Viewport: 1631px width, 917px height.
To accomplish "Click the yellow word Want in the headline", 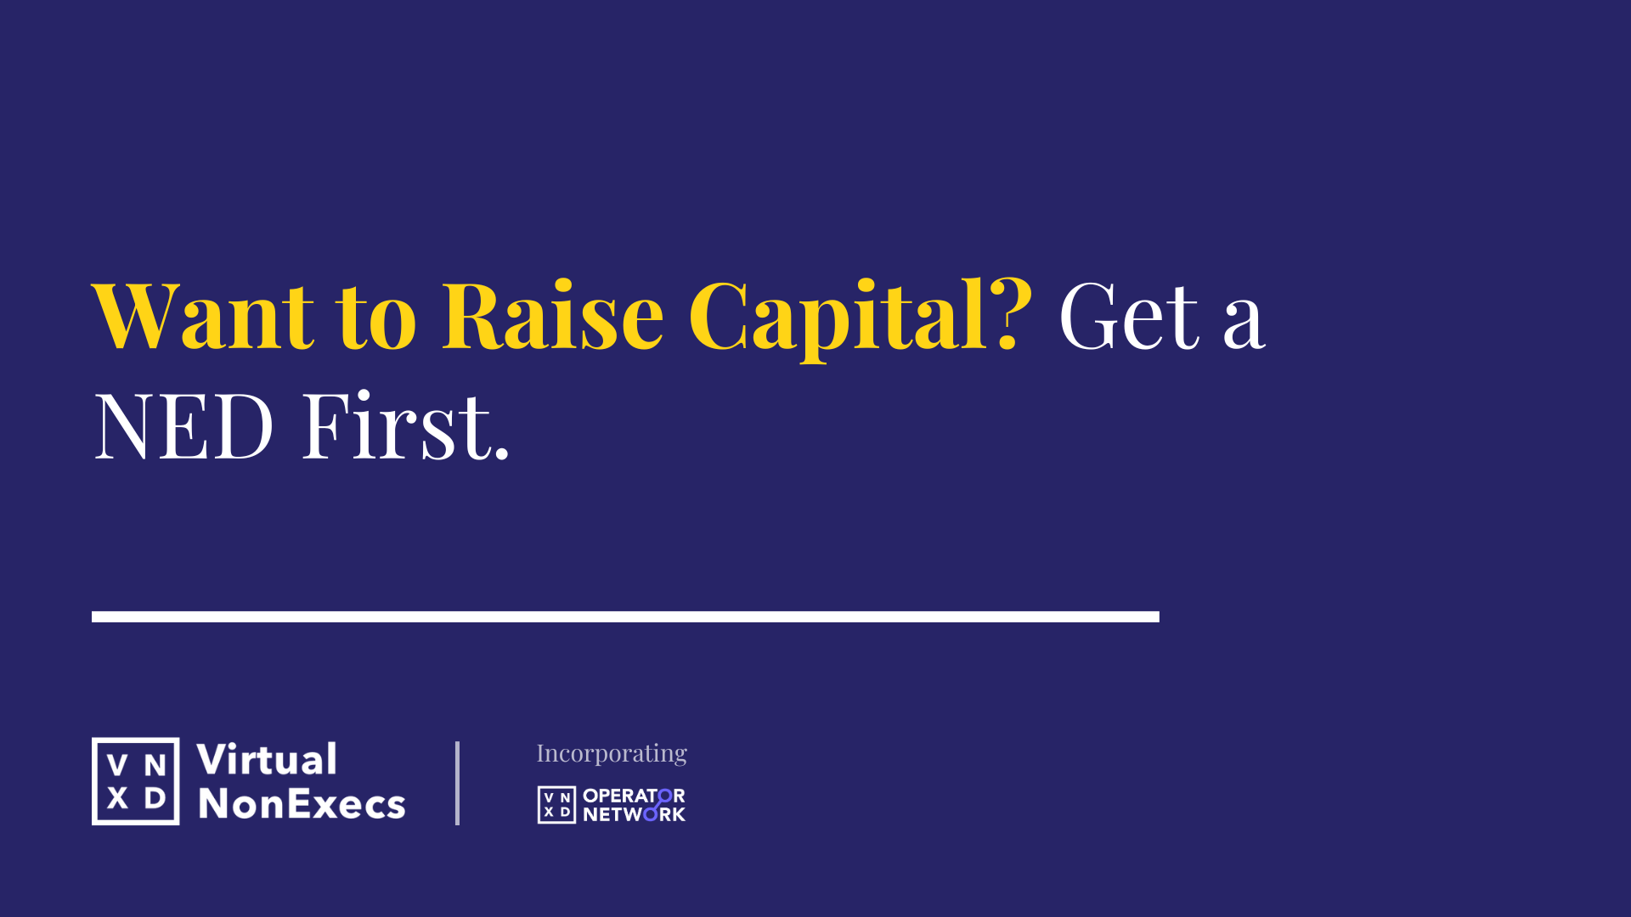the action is coord(203,316).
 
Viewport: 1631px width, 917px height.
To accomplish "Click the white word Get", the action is coord(1129,316).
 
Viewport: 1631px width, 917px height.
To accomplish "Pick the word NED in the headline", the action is coord(183,425).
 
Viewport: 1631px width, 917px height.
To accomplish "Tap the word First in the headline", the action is coord(395,425).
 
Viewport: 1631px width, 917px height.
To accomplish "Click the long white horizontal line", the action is coord(625,616).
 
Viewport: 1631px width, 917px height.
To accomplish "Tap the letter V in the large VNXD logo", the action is coord(118,766).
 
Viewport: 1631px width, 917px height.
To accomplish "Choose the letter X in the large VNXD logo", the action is coord(118,798).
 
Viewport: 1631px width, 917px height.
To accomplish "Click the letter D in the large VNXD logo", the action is coord(155,798).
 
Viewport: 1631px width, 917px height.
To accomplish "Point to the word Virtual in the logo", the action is coord(267,759).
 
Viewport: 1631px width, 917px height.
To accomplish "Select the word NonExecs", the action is coord(302,803).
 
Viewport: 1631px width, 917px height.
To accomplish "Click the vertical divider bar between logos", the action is coord(457,783).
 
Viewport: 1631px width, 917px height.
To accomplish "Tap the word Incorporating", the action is coord(612,753).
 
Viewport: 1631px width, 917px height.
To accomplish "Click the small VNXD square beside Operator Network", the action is coord(556,805).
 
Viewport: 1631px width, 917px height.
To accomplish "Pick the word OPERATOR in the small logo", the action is coord(634,796).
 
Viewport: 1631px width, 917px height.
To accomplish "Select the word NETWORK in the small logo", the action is coord(634,814).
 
